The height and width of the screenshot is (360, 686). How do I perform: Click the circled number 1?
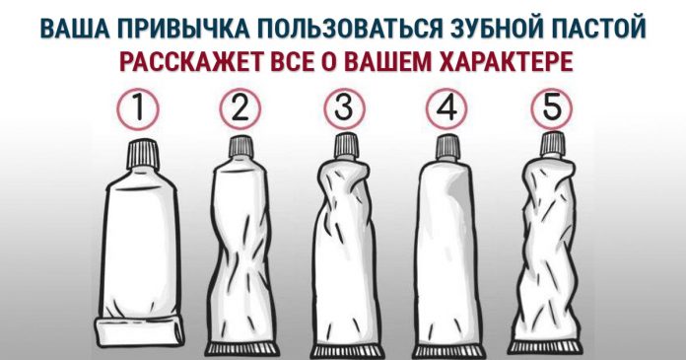point(138,108)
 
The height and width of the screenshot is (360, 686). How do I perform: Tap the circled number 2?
point(240,108)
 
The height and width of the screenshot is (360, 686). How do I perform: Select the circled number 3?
point(344,108)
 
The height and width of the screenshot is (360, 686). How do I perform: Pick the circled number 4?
point(446,108)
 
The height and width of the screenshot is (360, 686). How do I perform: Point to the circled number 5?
point(552,108)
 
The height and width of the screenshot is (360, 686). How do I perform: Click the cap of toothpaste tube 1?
point(142,155)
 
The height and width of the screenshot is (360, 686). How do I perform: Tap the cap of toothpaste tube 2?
point(241,147)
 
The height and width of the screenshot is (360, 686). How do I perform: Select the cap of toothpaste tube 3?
point(347,146)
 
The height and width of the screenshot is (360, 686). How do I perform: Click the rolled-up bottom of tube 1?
point(140,331)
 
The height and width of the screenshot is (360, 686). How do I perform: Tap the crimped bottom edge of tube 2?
point(242,349)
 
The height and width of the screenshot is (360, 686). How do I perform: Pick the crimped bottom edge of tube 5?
point(546,347)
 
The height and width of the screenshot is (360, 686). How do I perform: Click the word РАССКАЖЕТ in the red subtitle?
point(190,62)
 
